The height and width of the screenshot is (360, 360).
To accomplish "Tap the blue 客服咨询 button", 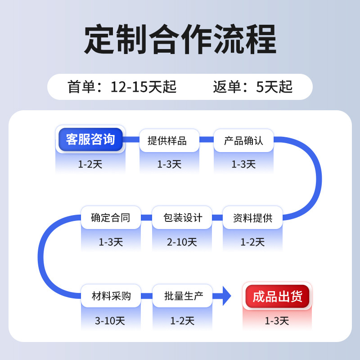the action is tap(90, 139).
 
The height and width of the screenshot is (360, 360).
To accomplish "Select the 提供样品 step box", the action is tap(167, 140).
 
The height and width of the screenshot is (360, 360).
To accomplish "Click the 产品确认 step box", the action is tap(243, 140).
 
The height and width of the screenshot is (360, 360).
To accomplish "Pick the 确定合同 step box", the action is tap(110, 218).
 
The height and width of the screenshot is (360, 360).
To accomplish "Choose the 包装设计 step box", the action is tap(182, 218).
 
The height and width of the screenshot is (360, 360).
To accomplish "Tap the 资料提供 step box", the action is tap(252, 218).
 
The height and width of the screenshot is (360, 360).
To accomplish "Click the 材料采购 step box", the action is tap(111, 296).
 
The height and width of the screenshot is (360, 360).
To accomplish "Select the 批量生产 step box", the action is tap(182, 296).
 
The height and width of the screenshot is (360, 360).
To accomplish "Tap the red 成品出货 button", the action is tap(277, 297).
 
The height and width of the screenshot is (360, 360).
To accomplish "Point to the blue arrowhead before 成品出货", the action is tap(226, 296).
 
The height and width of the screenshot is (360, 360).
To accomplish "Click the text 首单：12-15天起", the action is tap(121, 86).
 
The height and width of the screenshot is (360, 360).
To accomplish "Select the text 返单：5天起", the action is tap(252, 86).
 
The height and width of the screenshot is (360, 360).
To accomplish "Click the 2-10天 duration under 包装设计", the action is tap(182, 242).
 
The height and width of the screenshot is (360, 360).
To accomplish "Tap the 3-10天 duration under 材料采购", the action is tap(110, 321).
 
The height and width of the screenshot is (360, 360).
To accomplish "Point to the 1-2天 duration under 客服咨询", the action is tap(90, 164).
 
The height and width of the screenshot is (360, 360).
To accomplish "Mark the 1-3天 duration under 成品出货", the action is tap(277, 321).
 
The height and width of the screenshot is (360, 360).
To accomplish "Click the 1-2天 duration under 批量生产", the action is tap(182, 321).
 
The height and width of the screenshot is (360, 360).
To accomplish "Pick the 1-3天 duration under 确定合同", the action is tap(111, 242).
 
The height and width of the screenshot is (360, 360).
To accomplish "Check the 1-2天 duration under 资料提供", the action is tap(252, 242).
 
